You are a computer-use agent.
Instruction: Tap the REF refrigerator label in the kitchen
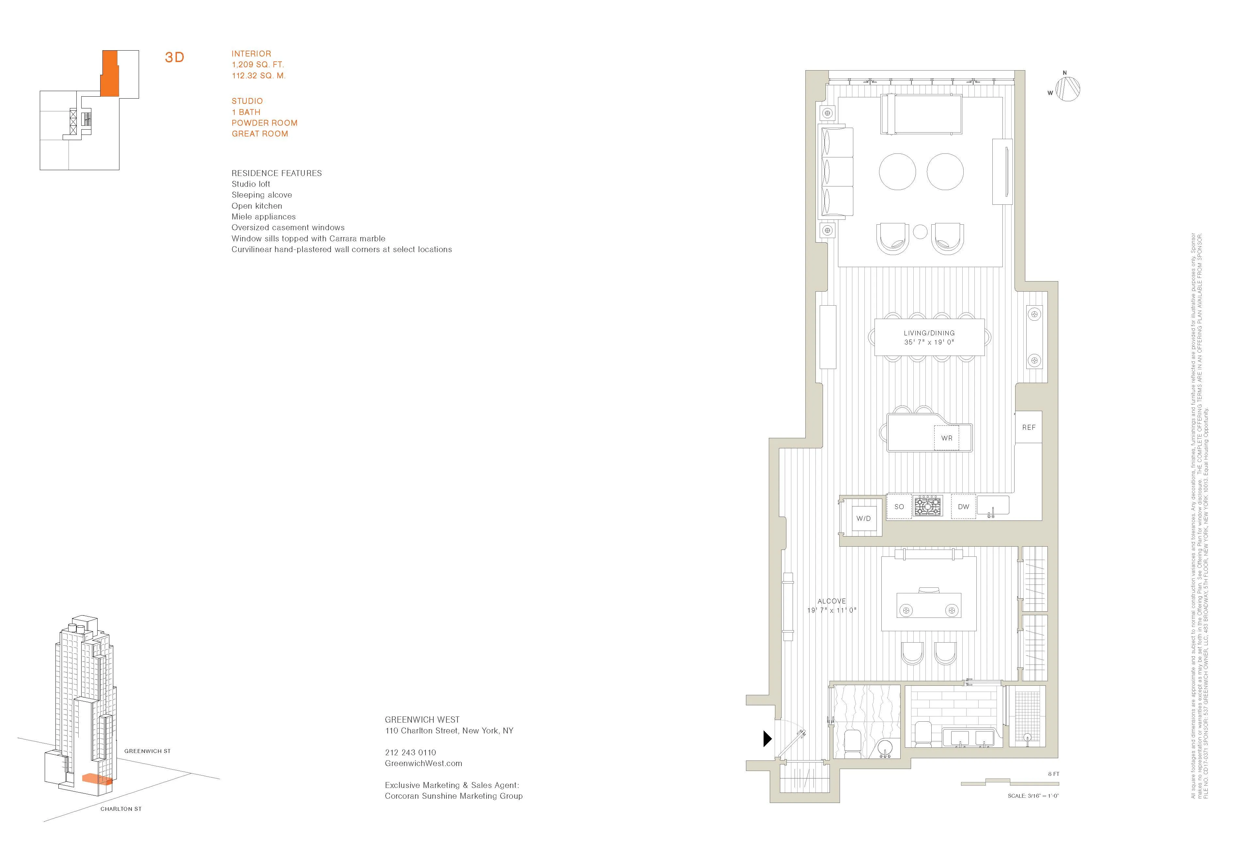(1028, 427)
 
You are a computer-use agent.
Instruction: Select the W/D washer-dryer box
(863, 518)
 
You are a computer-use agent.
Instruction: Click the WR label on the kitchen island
(947, 438)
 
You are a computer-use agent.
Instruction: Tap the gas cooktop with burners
(928, 506)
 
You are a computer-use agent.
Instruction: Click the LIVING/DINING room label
(929, 333)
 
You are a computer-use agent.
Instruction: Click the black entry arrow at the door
(767, 739)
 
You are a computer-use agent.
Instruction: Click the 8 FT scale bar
(1010, 783)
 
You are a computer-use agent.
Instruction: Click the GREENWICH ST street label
(147, 751)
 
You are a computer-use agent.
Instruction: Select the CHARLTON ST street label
(121, 809)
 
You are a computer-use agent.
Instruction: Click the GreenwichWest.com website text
(423, 763)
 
